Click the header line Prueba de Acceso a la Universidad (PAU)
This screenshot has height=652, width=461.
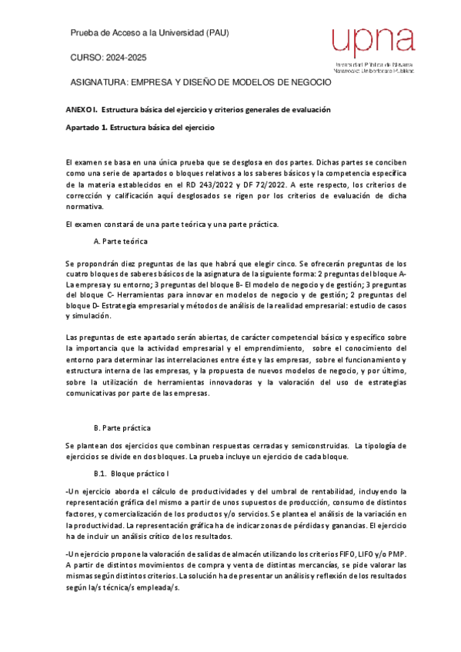click(149, 33)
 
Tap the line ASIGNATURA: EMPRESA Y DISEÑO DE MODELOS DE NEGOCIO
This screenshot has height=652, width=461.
click(200, 82)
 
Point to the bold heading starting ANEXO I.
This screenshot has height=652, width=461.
click(198, 110)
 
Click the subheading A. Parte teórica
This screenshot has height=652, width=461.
click(119, 241)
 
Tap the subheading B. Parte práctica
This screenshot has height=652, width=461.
click(122, 427)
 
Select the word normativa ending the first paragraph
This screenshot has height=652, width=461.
click(85, 207)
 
